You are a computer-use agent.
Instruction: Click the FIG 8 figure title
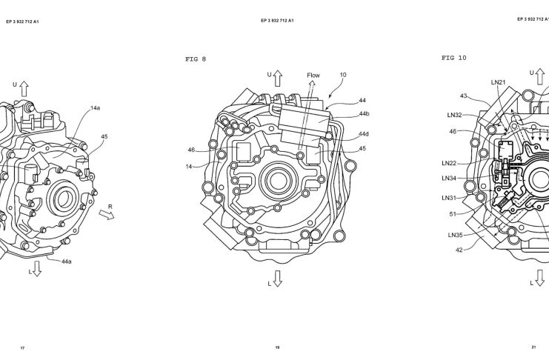[x=196, y=59]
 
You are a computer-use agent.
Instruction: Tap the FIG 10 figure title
[x=453, y=58]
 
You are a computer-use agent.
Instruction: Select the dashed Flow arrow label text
[x=313, y=75]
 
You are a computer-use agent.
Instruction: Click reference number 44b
[x=364, y=114]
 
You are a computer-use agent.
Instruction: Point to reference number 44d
[x=364, y=134]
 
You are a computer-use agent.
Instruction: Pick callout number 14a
[x=95, y=108]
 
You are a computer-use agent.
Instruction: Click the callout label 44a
[x=67, y=261]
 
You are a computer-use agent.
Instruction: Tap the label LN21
[x=498, y=82]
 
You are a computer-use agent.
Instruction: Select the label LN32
[x=454, y=115]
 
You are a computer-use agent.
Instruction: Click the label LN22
[x=449, y=163]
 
